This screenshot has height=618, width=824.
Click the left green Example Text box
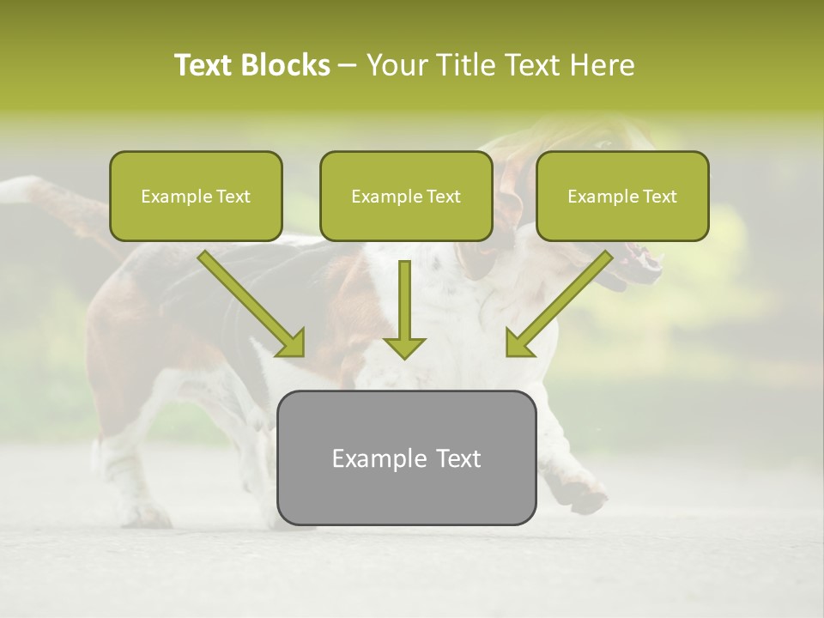tap(196, 196)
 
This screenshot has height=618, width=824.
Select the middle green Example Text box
tap(406, 196)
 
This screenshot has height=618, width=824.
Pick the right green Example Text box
tap(622, 196)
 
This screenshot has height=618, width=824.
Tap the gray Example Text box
tap(406, 457)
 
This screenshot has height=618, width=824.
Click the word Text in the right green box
tap(659, 197)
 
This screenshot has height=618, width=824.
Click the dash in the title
tap(348, 66)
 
